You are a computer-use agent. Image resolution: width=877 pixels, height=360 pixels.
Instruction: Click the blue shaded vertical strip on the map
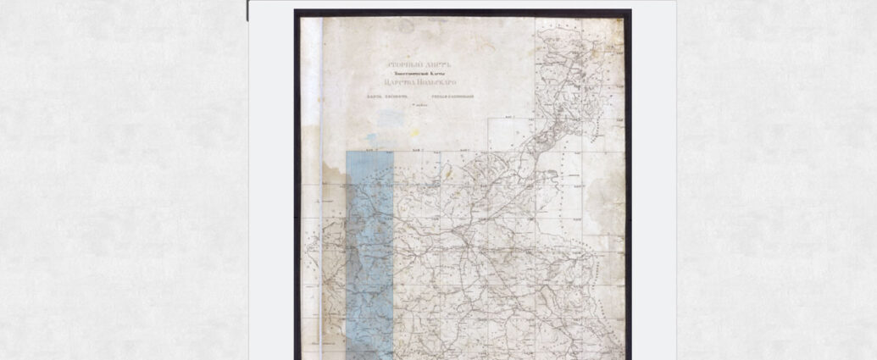pos(369,254)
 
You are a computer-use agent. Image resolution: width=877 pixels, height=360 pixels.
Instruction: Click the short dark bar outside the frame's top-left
pos(247,10)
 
